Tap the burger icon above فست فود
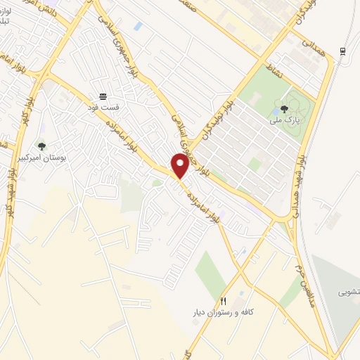pyautogui.click(x=103, y=96)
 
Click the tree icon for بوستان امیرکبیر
pyautogui.click(x=41, y=146)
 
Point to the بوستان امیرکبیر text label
pyautogui.click(x=41, y=159)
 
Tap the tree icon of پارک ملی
pyautogui.click(x=284, y=109)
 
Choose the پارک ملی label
pyautogui.click(x=284, y=121)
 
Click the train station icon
pyautogui.click(x=342, y=51)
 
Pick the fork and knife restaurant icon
pyautogui.click(x=224, y=299)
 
